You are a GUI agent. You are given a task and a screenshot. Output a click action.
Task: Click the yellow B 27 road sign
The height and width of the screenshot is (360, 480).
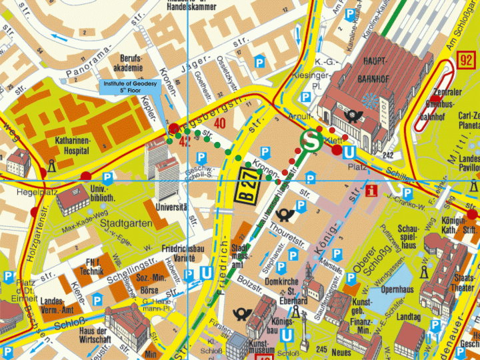pos(247,186)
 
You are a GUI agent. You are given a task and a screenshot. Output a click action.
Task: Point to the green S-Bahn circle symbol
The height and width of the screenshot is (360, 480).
pos(311,141)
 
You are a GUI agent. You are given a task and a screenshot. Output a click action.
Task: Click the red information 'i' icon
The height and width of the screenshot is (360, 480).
pos(372,190)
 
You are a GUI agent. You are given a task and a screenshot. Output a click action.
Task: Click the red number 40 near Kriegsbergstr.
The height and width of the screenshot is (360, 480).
pos(220,122)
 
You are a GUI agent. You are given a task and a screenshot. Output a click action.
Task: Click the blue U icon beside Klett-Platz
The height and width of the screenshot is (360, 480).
pos(347,153)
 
